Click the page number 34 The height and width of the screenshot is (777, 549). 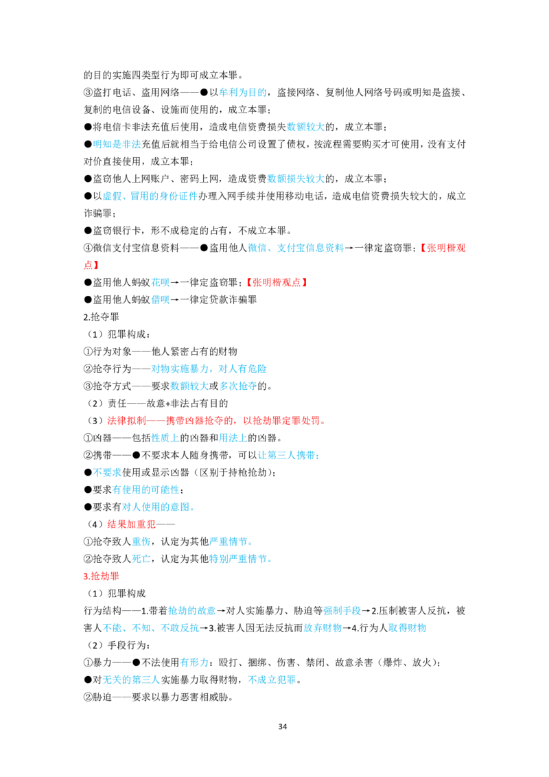[x=283, y=726]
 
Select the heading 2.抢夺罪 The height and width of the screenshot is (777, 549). [x=102, y=317]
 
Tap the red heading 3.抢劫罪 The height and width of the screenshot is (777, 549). [x=102, y=577]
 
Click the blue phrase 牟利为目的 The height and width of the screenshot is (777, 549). [x=243, y=92]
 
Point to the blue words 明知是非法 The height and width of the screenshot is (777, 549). [x=117, y=144]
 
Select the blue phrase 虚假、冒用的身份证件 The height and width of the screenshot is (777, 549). [x=150, y=196]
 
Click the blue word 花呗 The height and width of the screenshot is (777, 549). [x=161, y=283]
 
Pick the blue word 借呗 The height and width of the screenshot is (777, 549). [x=161, y=300]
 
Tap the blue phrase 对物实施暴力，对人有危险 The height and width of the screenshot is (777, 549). [x=209, y=369]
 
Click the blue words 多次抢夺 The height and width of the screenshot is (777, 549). [x=238, y=386]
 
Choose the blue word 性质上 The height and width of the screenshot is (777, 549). [x=165, y=438]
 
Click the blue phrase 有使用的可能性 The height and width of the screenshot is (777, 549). [x=145, y=490]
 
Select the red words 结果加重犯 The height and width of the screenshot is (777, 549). [x=131, y=524]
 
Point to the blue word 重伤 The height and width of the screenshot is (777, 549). [x=141, y=542]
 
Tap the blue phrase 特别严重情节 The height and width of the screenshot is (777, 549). [x=238, y=559]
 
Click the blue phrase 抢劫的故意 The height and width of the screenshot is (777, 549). [x=192, y=611]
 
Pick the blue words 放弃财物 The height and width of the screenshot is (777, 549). [x=323, y=628]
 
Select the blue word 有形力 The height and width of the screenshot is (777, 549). [x=194, y=662]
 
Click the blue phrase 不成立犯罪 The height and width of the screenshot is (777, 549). [x=272, y=680]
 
